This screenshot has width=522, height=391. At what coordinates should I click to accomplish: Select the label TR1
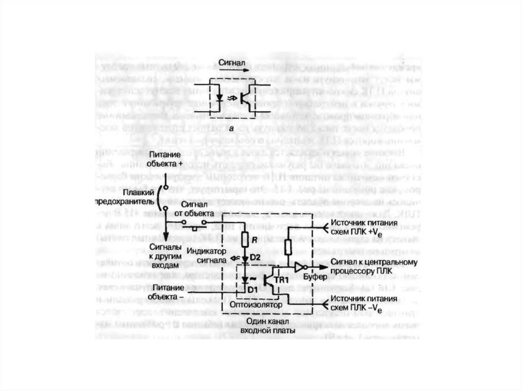click(x=281, y=280)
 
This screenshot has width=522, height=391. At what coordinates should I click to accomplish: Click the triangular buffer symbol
click(x=302, y=267)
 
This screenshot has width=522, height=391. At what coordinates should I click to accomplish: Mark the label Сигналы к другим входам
click(x=165, y=256)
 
